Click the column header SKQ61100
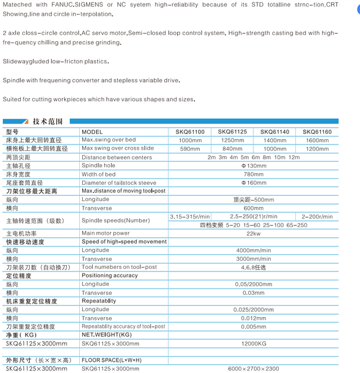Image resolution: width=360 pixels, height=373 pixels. tap(190, 132)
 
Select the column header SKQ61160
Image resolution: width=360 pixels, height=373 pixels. tap(317, 132)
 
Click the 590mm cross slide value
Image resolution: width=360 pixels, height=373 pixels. tap(190, 149)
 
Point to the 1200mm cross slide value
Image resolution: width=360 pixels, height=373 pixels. tap(317, 149)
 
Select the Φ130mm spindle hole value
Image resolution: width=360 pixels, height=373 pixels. tap(253, 166)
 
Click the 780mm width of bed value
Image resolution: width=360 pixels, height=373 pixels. tap(253, 174)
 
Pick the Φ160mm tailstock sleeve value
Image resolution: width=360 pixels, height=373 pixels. tap(253, 182)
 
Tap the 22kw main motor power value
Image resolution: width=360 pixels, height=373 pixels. tap(253, 233)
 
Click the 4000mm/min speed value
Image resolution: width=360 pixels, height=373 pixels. tap(253, 250)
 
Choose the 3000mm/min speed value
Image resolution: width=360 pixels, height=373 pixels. tap(253, 259)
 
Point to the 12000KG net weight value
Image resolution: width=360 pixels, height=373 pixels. tap(253, 344)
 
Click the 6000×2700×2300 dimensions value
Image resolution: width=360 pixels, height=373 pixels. tap(253, 369)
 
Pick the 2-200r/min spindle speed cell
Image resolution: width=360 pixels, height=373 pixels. tap(317, 216)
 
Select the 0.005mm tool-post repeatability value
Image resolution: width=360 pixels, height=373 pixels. tap(253, 326)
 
